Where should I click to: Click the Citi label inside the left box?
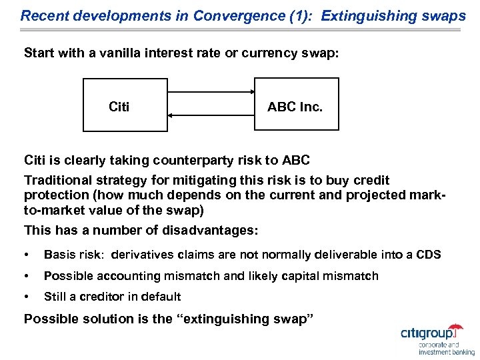tap(119, 107)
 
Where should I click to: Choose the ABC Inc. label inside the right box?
tap(295, 107)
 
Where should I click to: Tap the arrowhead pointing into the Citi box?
tap(171, 115)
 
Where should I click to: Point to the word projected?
tap(372, 195)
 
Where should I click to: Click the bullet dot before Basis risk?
tap(27, 255)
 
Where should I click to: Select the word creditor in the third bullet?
tap(99, 297)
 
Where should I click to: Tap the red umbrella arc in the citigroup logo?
tap(455, 328)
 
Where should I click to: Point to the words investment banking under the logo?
tap(447, 352)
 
